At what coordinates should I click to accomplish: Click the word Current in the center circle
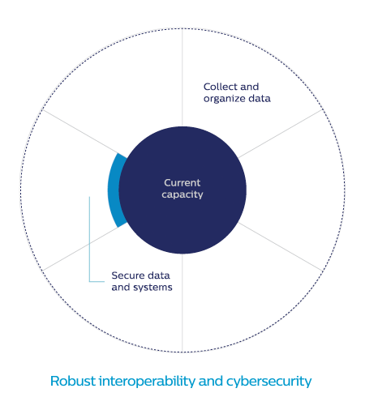[182, 183]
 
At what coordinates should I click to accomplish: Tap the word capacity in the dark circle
[182, 194]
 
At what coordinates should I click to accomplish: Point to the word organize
[224, 99]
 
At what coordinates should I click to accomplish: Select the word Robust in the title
[73, 381]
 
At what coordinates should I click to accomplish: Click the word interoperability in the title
[147, 382]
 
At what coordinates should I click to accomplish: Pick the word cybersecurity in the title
[268, 382]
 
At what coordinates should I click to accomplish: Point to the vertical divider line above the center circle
[182, 78]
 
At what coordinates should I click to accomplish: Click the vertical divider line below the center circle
[182, 303]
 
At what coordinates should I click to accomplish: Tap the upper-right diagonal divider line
[281, 134]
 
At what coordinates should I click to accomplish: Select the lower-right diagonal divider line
[281, 246]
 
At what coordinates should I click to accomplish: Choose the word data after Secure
[159, 275]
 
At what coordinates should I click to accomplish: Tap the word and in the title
[211, 381]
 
